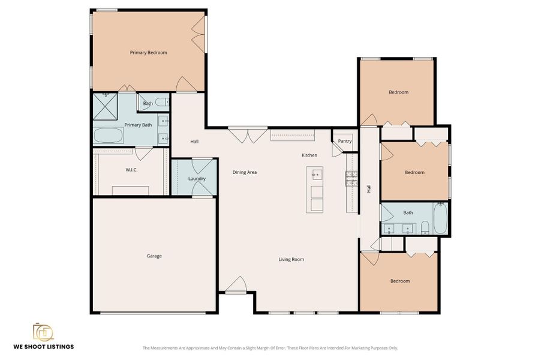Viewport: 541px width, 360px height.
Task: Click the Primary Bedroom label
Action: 148,53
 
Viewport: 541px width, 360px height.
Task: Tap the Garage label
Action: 154,256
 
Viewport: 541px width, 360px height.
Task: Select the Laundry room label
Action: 197,179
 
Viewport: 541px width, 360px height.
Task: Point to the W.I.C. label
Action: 132,170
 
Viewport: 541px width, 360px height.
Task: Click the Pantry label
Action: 344,142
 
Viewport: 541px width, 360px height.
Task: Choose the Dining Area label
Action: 245,172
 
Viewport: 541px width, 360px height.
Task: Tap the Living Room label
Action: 291,260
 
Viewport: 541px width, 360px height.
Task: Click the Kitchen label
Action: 309,155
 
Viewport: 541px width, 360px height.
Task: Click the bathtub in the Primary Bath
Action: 109,136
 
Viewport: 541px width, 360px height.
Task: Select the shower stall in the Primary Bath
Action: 106,107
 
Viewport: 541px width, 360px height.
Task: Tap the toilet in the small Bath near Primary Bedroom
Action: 162,103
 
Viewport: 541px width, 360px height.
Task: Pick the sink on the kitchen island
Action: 316,175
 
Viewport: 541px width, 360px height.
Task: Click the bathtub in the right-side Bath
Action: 440,219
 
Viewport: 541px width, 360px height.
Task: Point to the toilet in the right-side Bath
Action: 425,227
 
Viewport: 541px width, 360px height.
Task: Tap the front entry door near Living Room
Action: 236,286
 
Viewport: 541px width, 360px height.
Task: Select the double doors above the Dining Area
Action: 248,134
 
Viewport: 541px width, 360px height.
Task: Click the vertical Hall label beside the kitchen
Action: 368,188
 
